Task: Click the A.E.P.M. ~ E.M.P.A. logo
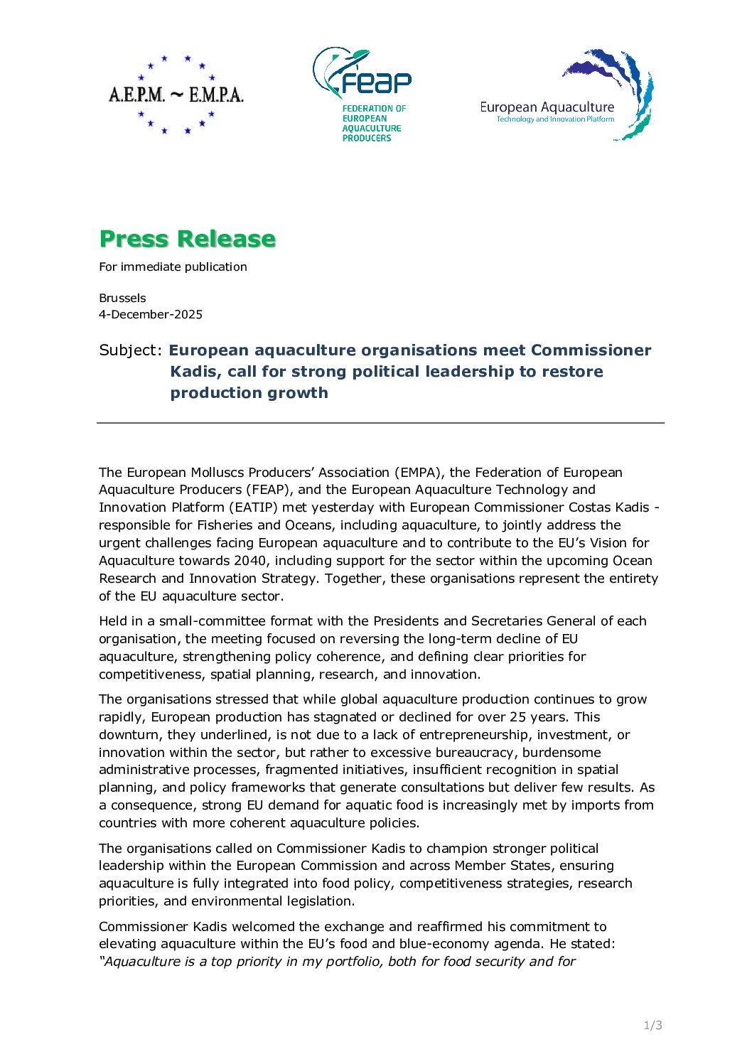pyautogui.click(x=176, y=94)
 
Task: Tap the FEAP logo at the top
pyautogui.click(x=362, y=94)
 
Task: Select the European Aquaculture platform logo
pyautogui.click(x=566, y=95)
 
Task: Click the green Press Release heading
pyautogui.click(x=187, y=239)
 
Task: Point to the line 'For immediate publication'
pyautogui.click(x=173, y=267)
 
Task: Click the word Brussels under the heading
pyautogui.click(x=122, y=298)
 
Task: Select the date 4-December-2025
pyautogui.click(x=151, y=314)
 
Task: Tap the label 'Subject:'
pyautogui.click(x=131, y=350)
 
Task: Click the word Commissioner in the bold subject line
pyautogui.click(x=591, y=350)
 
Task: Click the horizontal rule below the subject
pyautogui.click(x=380, y=423)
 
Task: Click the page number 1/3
pyautogui.click(x=652, y=1025)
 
